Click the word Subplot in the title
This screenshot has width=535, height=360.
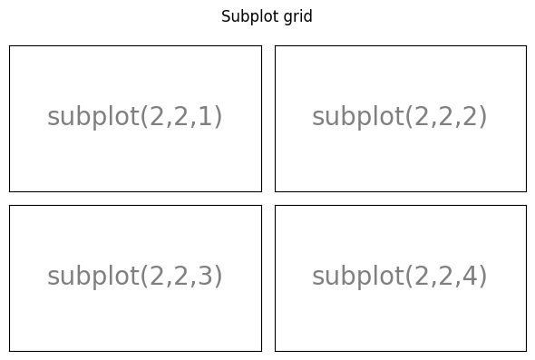(x=247, y=17)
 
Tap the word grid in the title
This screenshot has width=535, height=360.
(x=297, y=17)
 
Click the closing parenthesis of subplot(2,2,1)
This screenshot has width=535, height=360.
(x=219, y=118)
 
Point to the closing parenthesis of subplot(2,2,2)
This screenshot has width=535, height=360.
(x=483, y=118)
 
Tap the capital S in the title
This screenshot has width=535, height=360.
(x=226, y=17)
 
